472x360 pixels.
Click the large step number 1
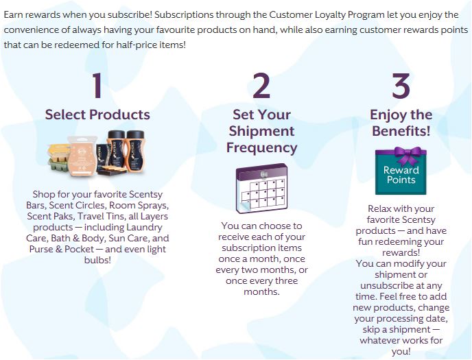(97, 85)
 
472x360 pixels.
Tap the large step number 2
(261, 85)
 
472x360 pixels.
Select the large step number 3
(401, 85)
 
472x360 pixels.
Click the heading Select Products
(97, 115)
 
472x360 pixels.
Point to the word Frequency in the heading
(261, 147)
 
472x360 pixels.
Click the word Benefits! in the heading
(401, 131)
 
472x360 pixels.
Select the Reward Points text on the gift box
(401, 175)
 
